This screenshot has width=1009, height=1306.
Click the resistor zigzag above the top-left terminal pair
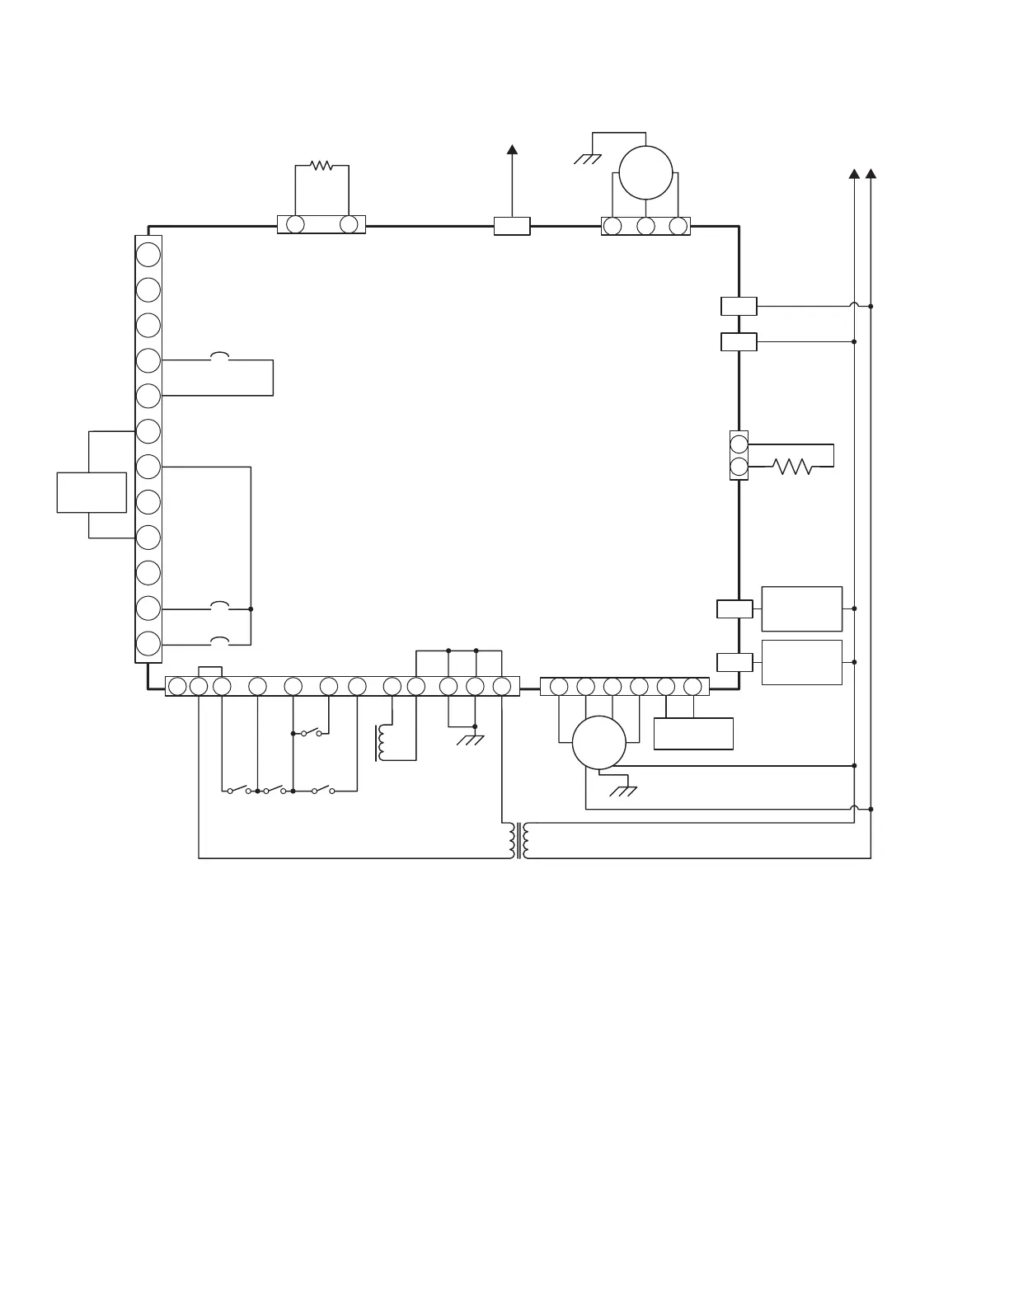coord(321,166)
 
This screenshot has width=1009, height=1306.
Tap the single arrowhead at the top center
coord(512,149)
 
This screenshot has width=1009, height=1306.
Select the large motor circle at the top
coord(645,172)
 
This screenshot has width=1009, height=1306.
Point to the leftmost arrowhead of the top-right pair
coord(854,174)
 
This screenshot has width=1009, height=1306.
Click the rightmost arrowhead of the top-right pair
coord(871,174)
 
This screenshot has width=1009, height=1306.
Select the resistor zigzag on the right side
coord(792,467)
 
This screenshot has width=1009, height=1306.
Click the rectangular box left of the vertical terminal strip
coord(92,492)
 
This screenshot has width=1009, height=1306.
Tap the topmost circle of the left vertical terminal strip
coord(148,254)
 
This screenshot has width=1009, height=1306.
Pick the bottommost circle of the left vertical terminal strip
coord(148,644)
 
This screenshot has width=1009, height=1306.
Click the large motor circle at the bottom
coord(599,743)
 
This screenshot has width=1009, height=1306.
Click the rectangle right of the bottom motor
coord(693,734)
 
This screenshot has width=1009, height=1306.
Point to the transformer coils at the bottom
coord(519,840)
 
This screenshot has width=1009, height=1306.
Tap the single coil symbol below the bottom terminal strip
coord(380,743)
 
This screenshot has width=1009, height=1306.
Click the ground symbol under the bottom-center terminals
coord(471,740)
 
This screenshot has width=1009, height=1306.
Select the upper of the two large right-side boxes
coord(801,608)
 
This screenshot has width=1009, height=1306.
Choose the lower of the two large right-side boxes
coord(801,662)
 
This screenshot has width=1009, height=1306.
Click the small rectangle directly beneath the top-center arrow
coord(512,226)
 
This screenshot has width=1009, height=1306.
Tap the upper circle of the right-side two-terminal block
coord(739,444)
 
